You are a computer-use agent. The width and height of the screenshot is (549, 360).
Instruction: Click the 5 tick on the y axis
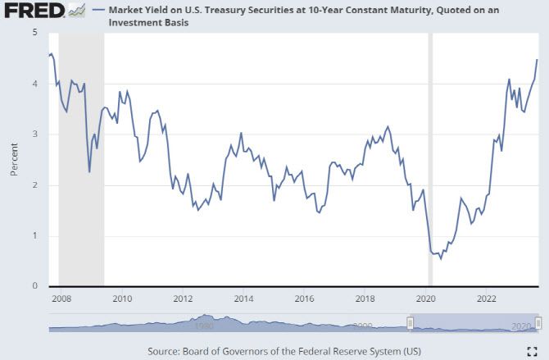[x=34, y=33]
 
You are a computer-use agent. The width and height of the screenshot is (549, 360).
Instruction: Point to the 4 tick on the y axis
[x=34, y=84]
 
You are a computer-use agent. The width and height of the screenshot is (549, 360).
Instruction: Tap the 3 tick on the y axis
[x=34, y=134]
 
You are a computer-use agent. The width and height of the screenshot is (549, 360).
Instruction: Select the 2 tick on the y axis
[x=34, y=185]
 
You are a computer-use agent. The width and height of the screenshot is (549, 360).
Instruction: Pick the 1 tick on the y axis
[x=34, y=236]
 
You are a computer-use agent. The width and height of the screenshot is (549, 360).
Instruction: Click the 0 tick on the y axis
[x=34, y=286]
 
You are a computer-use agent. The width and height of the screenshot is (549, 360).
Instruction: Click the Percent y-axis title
[x=14, y=159]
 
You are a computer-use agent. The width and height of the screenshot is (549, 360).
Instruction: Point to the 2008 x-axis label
[x=61, y=298]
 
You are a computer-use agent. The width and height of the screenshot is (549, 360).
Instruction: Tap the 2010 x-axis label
[x=122, y=298]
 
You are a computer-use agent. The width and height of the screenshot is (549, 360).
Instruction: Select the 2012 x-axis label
[x=183, y=298]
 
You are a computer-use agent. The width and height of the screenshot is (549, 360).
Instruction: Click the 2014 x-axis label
[x=243, y=298]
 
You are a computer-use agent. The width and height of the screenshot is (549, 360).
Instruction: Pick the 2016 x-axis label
[x=304, y=298]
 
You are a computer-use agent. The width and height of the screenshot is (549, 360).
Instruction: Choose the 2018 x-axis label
[x=365, y=298]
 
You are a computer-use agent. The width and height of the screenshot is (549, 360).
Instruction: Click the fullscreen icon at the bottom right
[x=532, y=351]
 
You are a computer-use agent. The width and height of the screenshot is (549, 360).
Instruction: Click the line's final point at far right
[x=538, y=59]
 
